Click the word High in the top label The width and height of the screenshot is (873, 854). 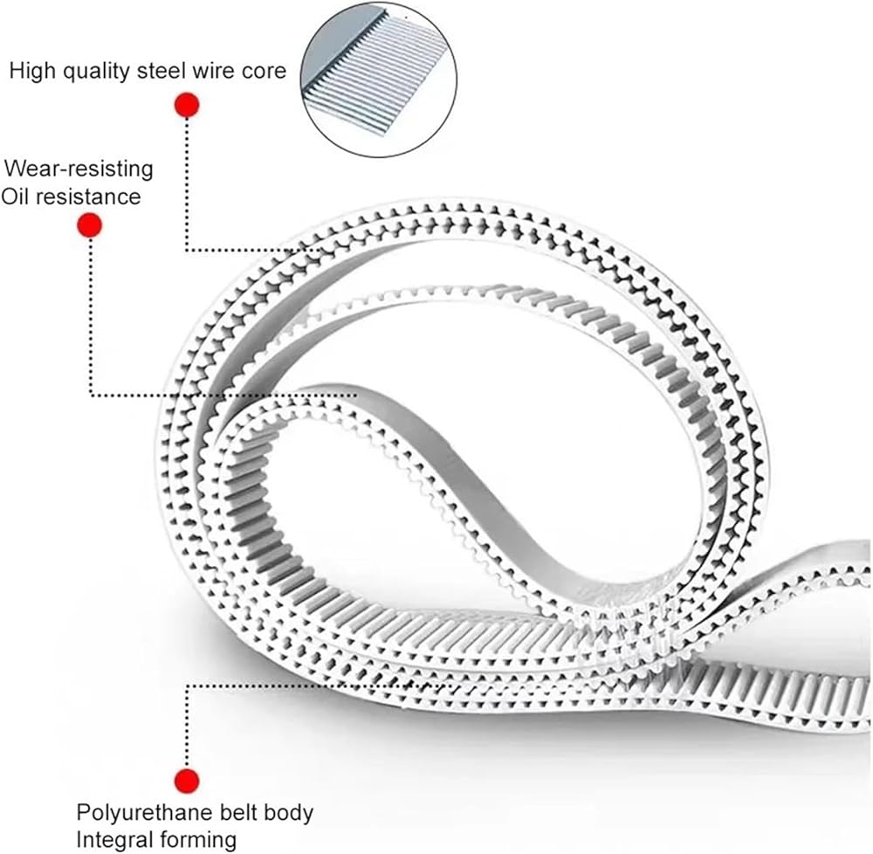tap(31, 71)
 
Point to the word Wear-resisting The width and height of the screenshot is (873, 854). tap(79, 169)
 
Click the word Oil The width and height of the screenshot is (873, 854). tap(16, 196)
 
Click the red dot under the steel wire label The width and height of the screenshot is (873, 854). tap(187, 105)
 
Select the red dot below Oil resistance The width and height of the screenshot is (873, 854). tap(90, 225)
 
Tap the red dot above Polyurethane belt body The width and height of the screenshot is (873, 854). tap(187, 781)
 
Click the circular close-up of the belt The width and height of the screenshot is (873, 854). tap(379, 79)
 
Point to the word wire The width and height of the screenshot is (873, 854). tap(214, 71)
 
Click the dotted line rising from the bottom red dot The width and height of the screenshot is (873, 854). tap(187, 727)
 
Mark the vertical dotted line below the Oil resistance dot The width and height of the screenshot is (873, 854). tap(91, 317)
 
